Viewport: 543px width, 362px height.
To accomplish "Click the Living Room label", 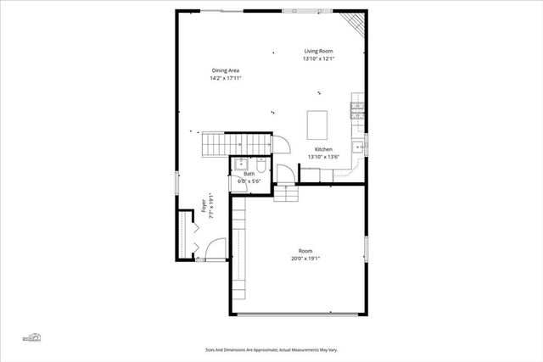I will click(320, 52).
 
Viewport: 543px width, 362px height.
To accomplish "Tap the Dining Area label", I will click(226, 70).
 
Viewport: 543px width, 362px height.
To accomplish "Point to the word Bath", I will click(249, 174).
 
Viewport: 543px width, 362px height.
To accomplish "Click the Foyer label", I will click(204, 204).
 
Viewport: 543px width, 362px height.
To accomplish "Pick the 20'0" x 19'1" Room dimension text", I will click(305, 259).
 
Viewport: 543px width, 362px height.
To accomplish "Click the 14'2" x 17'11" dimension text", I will click(226, 78).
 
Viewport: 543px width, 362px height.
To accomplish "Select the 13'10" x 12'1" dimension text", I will click(320, 59).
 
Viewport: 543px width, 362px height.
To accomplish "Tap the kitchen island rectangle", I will click(317, 124).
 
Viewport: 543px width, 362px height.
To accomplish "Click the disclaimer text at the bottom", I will click(271, 348).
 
